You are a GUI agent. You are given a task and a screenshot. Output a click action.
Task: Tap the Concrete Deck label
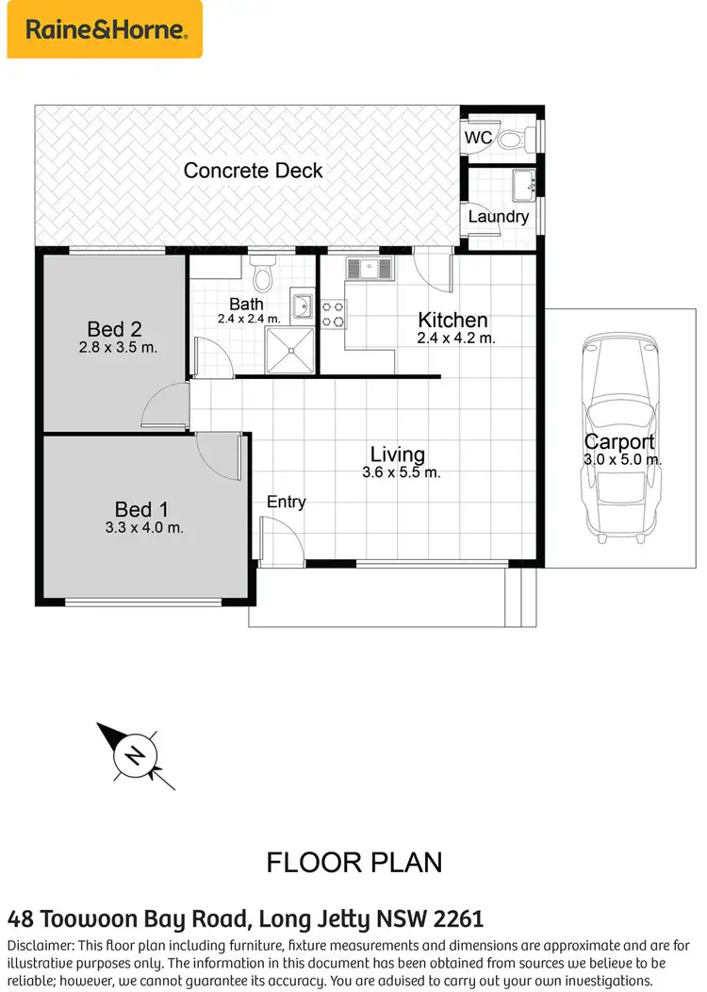[x=253, y=171]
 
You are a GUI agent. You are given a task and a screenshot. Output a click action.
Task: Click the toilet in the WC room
[x=509, y=140]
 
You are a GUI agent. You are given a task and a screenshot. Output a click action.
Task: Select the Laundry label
[x=498, y=217]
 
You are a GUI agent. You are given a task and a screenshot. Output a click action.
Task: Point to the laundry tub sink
[x=523, y=181]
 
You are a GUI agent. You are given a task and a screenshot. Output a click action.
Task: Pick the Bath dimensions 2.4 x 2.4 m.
[x=249, y=319]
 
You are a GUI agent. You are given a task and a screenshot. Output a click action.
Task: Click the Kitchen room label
[x=452, y=320]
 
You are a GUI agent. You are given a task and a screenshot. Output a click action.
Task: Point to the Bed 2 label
[x=114, y=329]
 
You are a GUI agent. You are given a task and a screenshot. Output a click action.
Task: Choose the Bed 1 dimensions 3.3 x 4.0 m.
[x=143, y=528]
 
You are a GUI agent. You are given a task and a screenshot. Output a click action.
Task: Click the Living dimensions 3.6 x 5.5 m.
[x=401, y=472]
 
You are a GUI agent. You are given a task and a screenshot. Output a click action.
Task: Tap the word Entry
[x=286, y=502]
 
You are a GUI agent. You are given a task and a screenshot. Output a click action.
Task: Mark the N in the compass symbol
[x=136, y=755]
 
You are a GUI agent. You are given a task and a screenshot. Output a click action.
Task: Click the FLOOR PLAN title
[x=353, y=862]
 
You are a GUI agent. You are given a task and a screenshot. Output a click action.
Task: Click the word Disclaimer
[x=39, y=945]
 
